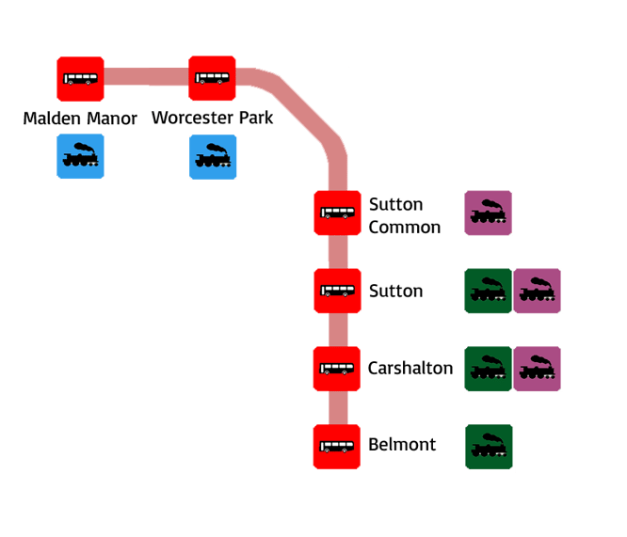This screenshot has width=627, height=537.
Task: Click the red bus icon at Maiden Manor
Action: pos(80,79)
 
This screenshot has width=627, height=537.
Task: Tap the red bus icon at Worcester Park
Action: pos(212,79)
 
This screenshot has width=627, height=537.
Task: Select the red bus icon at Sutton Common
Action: pos(337,213)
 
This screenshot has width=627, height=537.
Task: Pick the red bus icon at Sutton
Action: pos(337,291)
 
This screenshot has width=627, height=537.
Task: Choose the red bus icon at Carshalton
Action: pos(337,368)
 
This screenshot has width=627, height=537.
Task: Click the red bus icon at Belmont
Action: pos(337,446)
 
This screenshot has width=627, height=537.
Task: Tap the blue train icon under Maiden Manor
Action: pos(80,156)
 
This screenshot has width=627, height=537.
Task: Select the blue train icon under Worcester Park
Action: pos(212,156)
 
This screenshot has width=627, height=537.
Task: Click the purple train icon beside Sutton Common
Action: pos(488,213)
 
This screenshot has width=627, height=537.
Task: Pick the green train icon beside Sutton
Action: pos(488,291)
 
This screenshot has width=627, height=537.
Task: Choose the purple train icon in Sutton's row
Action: pos(538,291)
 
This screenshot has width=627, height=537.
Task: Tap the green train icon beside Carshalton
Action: pos(488,368)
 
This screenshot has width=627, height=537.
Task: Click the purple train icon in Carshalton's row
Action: pos(538,368)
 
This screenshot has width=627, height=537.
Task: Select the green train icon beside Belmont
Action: pos(490,447)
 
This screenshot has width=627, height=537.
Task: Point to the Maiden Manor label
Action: pos(80,118)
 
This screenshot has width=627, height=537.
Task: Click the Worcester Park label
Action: pos(213,118)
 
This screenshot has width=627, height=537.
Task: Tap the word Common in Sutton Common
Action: pos(404,228)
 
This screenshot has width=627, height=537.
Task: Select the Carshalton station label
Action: pos(410,368)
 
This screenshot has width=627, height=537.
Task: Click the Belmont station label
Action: pos(402,445)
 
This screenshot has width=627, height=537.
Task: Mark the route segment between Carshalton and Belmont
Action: pos(338,407)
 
